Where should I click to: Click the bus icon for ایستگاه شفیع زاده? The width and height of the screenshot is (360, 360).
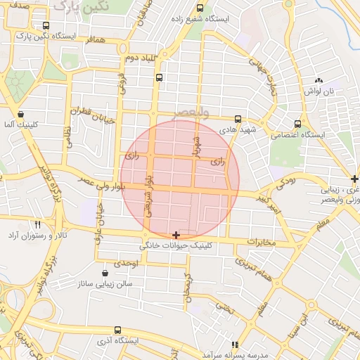[x=200, y=8]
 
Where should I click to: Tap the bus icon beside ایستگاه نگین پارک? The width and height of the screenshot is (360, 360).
[x=46, y=25]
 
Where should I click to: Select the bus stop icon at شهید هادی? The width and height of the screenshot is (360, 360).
[x=238, y=119]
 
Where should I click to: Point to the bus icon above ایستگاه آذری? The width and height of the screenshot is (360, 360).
[x=117, y=329]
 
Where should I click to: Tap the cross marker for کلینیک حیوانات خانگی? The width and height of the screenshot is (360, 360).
[x=175, y=235]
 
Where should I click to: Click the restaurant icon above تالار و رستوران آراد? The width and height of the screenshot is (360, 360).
[x=37, y=224]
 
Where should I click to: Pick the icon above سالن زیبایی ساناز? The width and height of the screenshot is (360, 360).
[x=105, y=273]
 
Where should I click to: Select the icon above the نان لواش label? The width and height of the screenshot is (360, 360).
[x=319, y=82]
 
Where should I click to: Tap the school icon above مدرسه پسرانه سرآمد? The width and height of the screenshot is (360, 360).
[x=235, y=345]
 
